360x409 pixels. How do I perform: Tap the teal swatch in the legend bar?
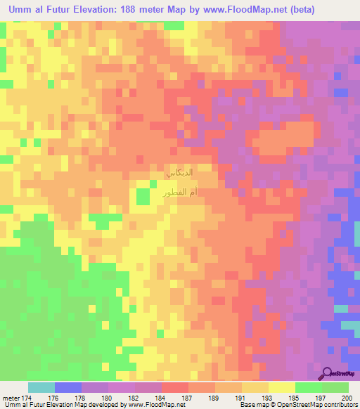41,387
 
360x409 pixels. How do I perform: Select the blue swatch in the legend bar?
68,387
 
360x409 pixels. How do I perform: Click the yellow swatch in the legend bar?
282,387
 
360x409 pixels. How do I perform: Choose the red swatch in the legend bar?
175,387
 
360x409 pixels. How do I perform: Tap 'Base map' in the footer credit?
252,404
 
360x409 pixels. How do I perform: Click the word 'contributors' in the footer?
340,404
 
